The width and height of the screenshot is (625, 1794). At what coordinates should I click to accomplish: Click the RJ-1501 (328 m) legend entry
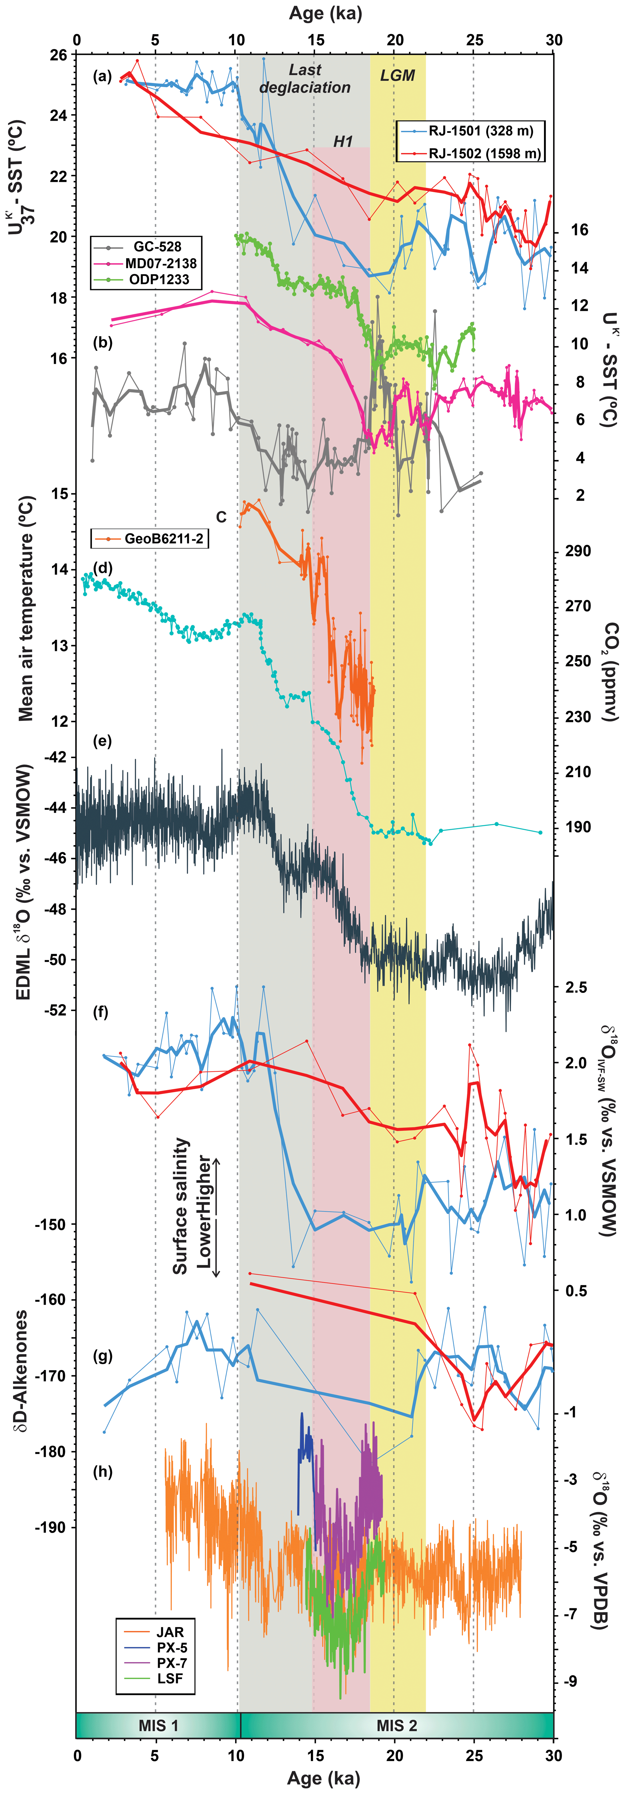pyautogui.click(x=480, y=131)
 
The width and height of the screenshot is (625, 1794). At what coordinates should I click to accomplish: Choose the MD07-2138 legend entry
pyautogui.click(x=160, y=263)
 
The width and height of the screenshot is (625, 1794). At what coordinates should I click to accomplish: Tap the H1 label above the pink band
pyautogui.click(x=343, y=141)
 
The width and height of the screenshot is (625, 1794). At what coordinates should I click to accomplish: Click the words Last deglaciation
pyautogui.click(x=305, y=79)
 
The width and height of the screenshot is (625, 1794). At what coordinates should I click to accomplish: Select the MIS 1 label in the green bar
pyautogui.click(x=158, y=1725)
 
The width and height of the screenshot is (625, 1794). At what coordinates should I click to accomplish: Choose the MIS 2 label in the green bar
pyautogui.click(x=397, y=1725)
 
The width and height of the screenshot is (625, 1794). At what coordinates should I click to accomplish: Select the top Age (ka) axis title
pyautogui.click(x=315, y=13)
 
